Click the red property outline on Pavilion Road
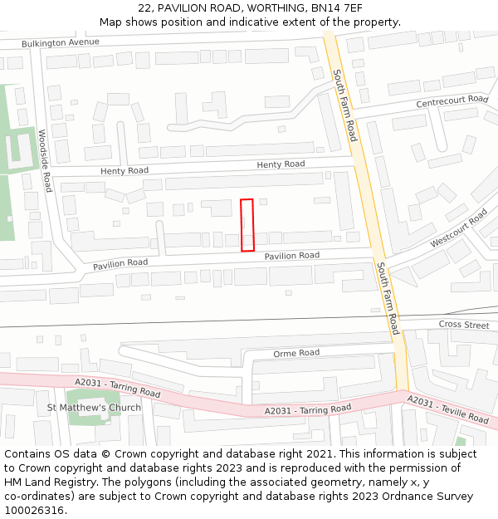click(247, 225)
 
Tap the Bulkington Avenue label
click(61, 42)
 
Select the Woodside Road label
click(46, 160)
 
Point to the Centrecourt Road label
click(452, 100)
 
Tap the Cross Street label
click(464, 325)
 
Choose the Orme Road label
click(296, 353)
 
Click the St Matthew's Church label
click(94, 408)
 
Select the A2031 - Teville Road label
click(447, 409)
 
